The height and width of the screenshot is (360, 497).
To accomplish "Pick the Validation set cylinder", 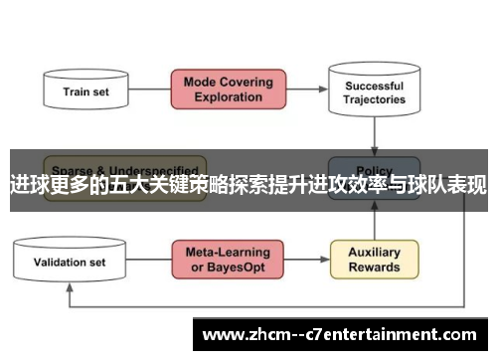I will [x=70, y=263].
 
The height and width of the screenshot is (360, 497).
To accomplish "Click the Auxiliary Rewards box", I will [x=374, y=260].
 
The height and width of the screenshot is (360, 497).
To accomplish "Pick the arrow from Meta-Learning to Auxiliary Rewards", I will [x=307, y=261].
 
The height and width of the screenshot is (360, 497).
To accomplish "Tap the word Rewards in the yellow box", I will [x=374, y=268].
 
